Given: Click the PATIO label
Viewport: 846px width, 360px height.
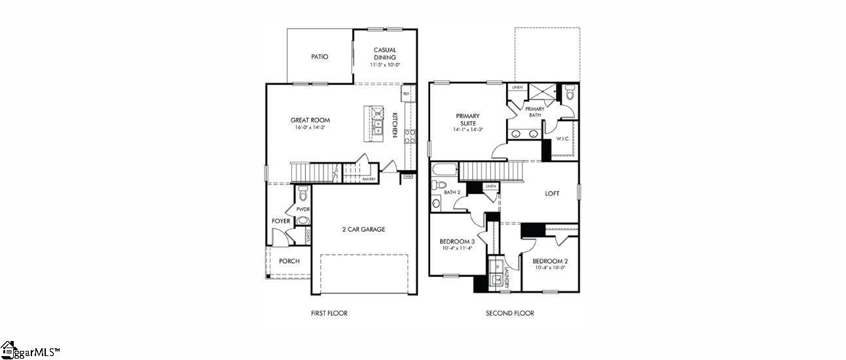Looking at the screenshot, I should (x=320, y=57).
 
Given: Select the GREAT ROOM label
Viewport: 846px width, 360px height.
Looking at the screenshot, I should (x=310, y=120).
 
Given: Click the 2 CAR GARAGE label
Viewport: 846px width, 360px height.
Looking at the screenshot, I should (x=363, y=230).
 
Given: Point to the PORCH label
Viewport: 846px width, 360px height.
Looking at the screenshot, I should (x=289, y=261).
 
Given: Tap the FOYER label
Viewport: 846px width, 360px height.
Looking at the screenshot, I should (x=281, y=221).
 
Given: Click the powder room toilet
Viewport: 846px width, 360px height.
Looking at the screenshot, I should (x=303, y=194).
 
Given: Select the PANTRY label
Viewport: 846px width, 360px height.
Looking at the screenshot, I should (x=369, y=179).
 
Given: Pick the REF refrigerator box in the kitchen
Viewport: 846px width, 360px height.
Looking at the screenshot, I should (x=406, y=94).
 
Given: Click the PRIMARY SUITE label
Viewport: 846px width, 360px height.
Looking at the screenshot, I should (x=467, y=119).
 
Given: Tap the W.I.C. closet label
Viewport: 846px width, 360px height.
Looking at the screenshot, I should (x=564, y=139).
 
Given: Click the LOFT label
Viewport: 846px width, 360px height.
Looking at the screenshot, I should (x=553, y=194).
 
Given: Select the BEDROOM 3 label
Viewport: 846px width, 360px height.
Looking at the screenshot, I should (x=456, y=242).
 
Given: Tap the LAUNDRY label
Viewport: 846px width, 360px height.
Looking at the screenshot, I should (x=506, y=275).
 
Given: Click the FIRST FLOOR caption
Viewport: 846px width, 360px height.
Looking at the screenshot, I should (x=329, y=314).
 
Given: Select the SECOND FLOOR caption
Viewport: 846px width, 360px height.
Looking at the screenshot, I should (x=509, y=314).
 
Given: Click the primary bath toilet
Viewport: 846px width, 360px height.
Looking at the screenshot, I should (x=568, y=94).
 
